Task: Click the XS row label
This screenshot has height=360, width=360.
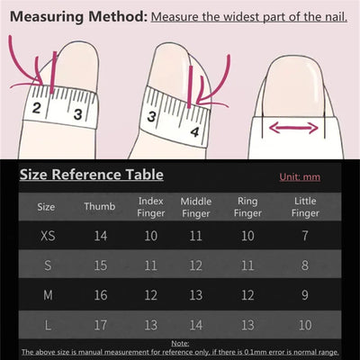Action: click(46, 236)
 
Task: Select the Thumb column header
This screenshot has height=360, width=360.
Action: click(99, 206)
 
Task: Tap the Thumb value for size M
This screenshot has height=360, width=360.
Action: click(99, 294)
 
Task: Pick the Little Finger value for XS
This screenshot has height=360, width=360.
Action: click(305, 236)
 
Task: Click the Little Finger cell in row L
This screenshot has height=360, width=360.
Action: click(305, 323)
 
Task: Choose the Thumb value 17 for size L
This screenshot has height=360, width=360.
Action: click(99, 323)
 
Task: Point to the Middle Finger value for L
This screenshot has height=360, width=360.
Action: click(196, 323)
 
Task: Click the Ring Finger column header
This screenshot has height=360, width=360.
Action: click(247, 206)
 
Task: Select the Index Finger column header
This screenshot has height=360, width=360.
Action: click(150, 206)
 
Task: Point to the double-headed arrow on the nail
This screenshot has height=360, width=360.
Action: click(293, 128)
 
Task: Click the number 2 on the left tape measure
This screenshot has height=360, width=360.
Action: click(38, 110)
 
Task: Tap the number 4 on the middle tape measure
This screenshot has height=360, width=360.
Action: click(195, 131)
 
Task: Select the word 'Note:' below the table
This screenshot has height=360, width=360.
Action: click(180, 343)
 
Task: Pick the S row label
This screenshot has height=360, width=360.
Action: click(46, 265)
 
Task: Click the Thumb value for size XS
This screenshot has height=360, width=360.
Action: click(99, 236)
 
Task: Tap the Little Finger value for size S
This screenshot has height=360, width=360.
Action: click(305, 265)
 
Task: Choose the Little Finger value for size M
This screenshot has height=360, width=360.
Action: click(305, 294)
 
